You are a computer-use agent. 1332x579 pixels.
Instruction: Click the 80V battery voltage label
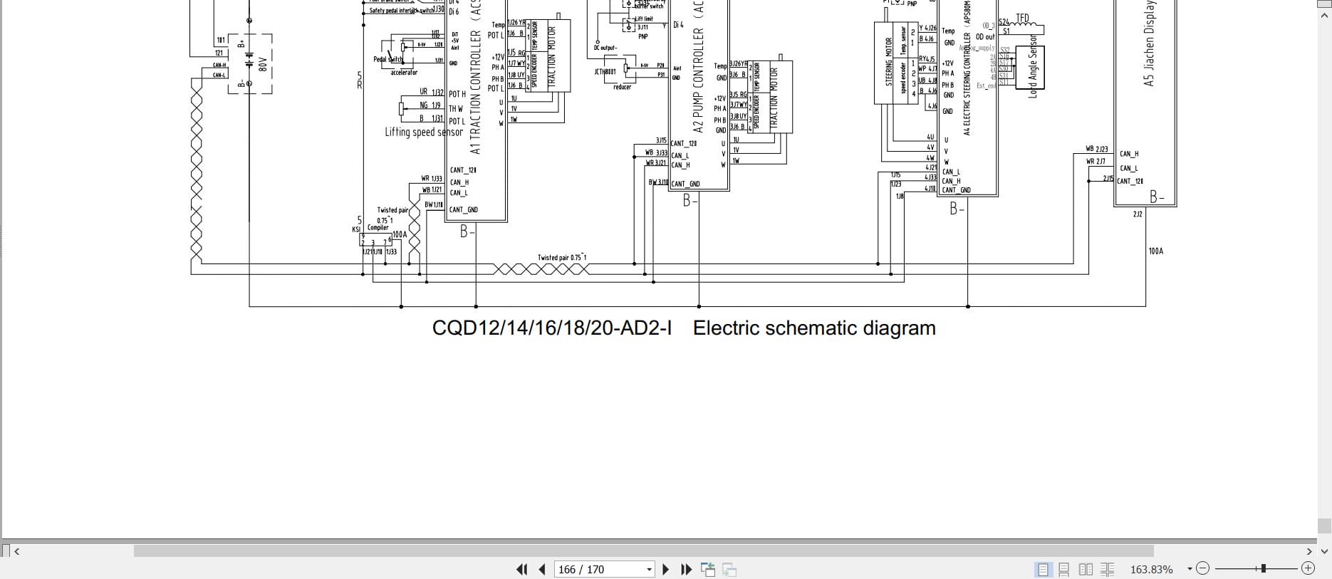[263, 65]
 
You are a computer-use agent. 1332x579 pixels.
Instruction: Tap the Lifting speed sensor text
[424, 132]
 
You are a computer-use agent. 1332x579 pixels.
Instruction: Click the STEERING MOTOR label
[889, 62]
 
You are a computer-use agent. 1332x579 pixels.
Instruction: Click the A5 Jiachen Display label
[1148, 43]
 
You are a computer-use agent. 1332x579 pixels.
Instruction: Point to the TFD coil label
[1022, 19]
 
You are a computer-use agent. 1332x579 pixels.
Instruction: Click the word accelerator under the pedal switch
[404, 73]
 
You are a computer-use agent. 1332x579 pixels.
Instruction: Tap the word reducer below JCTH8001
[622, 88]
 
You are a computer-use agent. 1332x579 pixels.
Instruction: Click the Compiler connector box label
[378, 228]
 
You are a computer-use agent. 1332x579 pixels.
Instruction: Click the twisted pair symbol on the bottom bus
[541, 269]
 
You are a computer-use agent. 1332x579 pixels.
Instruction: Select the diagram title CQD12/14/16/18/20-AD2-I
[552, 328]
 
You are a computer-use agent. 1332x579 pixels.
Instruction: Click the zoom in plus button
[1308, 568]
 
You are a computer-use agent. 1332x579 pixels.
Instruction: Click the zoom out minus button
[1203, 568]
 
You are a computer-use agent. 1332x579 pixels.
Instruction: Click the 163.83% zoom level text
[1151, 569]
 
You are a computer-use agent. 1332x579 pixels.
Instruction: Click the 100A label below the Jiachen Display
[1155, 251]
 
